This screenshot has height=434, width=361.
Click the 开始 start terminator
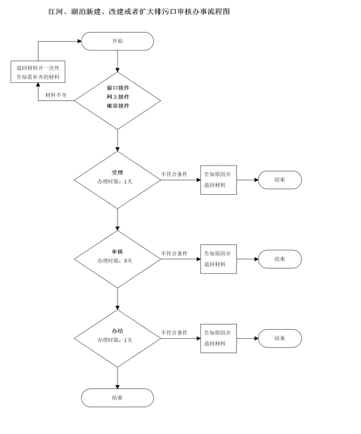tap(118, 41)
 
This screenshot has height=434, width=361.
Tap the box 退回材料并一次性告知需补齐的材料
tap(38, 72)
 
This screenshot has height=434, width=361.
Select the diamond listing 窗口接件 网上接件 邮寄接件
tap(118, 101)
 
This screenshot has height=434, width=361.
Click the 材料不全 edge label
tap(56, 95)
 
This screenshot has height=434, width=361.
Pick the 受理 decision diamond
tap(118, 180)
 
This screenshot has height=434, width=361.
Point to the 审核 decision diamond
tap(118, 259)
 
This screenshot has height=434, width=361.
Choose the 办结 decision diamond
tap(118, 338)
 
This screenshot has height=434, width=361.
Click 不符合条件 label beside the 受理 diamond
tap(174, 175)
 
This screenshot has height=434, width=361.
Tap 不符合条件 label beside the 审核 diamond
tap(174, 253)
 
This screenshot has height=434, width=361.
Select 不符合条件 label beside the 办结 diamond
tap(174, 333)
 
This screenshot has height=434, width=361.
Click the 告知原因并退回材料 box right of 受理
tap(219, 180)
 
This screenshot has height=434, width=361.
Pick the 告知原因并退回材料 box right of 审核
tap(219, 259)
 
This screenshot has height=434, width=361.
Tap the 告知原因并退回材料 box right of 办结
tap(219, 338)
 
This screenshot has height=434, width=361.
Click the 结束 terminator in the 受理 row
tap(280, 180)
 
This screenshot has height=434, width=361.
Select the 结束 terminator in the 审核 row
tap(280, 259)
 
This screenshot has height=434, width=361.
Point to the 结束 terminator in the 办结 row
tap(280, 338)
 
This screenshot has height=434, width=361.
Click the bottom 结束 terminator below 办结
tap(118, 398)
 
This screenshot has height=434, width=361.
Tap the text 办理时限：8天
tap(115, 261)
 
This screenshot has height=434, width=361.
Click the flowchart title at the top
tap(139, 12)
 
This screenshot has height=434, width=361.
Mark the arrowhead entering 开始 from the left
tap(79, 41)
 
